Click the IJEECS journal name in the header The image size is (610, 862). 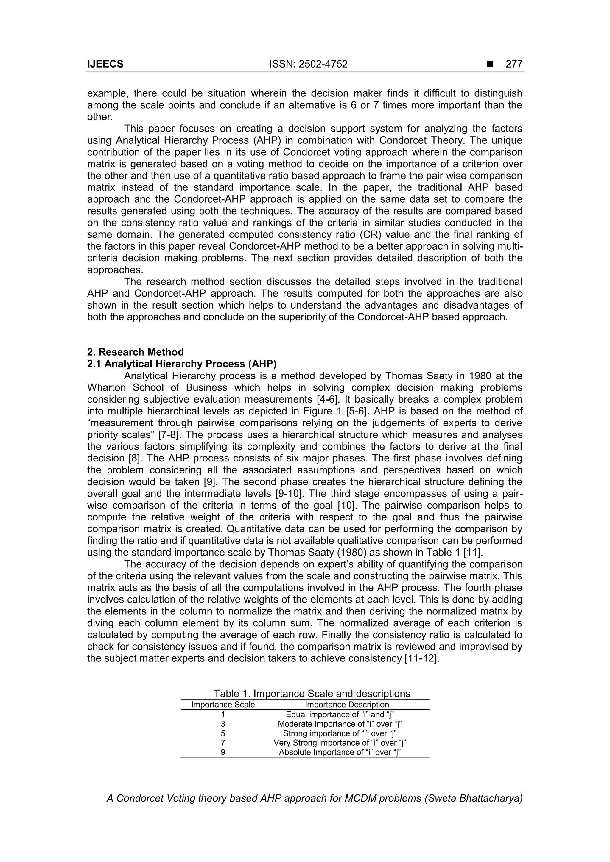click(105, 64)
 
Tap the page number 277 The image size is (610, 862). click(514, 64)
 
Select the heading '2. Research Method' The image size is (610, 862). click(135, 352)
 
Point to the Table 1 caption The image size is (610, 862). click(312, 693)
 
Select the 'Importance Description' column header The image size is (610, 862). click(346, 705)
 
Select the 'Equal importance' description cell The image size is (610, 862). click(340, 714)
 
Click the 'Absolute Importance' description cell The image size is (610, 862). click(340, 752)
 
